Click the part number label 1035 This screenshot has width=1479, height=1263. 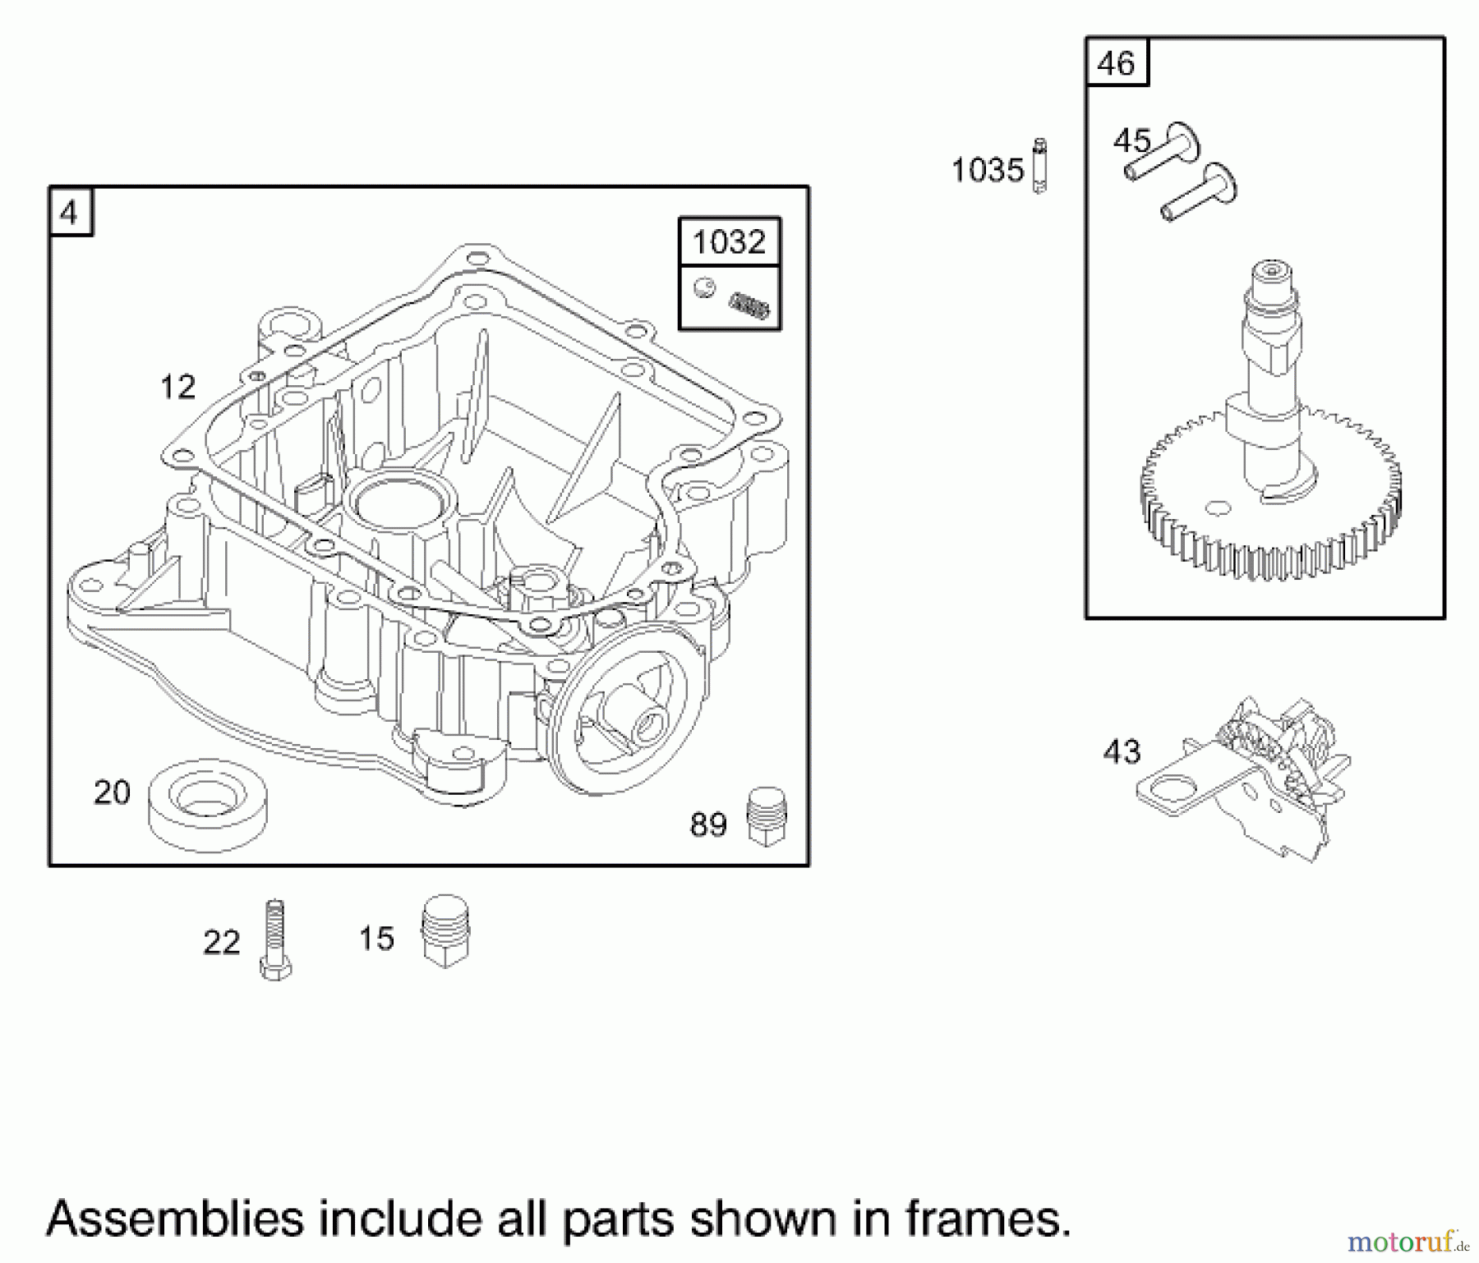point(987,171)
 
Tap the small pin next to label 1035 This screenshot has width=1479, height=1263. point(1039,167)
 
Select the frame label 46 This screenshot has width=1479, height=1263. point(1116,63)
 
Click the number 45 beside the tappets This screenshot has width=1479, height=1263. point(1132,141)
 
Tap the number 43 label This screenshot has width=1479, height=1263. point(1122,752)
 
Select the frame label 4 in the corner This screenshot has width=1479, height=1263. point(69,214)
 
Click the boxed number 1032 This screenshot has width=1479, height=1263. point(729,242)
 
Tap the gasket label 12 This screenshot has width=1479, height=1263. point(178,387)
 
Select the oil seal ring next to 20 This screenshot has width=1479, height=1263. point(209,804)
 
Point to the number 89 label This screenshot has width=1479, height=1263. point(708,824)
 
